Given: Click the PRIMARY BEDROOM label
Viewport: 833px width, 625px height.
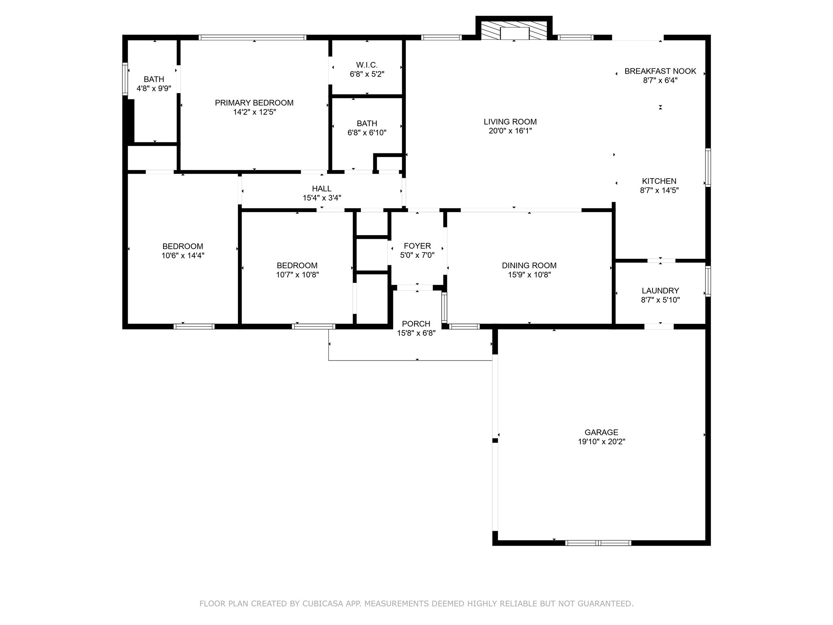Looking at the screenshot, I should point(254,103).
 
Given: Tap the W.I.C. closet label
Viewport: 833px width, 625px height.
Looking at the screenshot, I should point(367,65).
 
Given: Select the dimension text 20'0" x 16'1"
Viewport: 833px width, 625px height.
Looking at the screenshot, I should point(510,131).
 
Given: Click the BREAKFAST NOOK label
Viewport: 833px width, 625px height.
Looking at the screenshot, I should point(660,71).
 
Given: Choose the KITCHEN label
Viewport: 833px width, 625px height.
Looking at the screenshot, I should point(659,181).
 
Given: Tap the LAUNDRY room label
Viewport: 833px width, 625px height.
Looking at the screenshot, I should point(660,291).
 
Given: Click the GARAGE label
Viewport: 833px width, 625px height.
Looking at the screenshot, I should point(601,432).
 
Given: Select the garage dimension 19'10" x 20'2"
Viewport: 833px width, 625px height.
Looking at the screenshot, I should point(601,441).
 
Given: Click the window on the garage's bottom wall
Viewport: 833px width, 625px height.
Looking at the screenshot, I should point(598,543).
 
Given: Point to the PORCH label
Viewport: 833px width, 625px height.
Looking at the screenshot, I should point(416,324).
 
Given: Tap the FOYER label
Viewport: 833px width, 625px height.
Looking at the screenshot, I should point(417,246).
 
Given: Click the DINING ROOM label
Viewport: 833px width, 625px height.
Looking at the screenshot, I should point(529,265).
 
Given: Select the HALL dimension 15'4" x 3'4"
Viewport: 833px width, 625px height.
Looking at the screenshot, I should point(321,198).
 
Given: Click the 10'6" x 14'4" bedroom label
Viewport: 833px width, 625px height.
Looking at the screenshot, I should point(183,256).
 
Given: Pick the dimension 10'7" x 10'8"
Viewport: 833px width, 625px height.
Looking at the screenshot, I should point(297,275).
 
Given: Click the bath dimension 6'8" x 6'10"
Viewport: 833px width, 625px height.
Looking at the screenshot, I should point(367,133).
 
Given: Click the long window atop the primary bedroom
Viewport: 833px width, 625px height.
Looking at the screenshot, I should point(252,37).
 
